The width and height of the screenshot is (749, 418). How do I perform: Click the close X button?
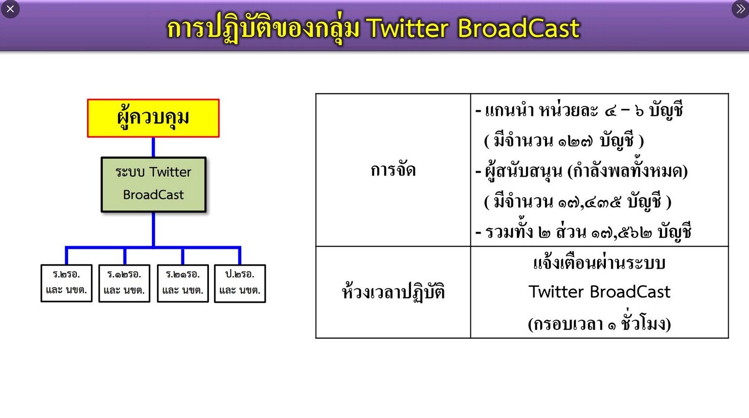(10, 9)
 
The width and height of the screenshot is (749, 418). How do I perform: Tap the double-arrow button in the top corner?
(740, 9)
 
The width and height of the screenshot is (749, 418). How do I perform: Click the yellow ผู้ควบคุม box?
(153, 118)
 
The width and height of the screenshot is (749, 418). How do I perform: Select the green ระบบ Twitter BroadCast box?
(153, 184)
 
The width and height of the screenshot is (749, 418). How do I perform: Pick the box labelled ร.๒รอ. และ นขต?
(67, 283)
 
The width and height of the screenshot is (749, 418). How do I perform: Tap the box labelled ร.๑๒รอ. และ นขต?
(124, 283)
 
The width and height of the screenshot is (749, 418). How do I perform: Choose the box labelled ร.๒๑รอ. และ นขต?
(183, 283)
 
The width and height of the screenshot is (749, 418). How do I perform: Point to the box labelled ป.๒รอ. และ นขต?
(240, 283)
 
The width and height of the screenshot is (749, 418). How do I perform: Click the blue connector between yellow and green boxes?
(153, 147)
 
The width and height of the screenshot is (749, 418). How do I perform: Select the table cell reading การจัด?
(393, 170)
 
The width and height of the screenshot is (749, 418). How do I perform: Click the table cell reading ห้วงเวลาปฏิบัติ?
(393, 292)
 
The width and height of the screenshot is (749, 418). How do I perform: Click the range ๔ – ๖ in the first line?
(624, 111)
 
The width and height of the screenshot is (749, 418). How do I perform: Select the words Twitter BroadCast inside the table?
(599, 292)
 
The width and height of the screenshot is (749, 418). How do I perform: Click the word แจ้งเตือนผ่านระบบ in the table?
(599, 263)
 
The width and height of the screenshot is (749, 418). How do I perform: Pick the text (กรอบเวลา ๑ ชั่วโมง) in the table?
(599, 323)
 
